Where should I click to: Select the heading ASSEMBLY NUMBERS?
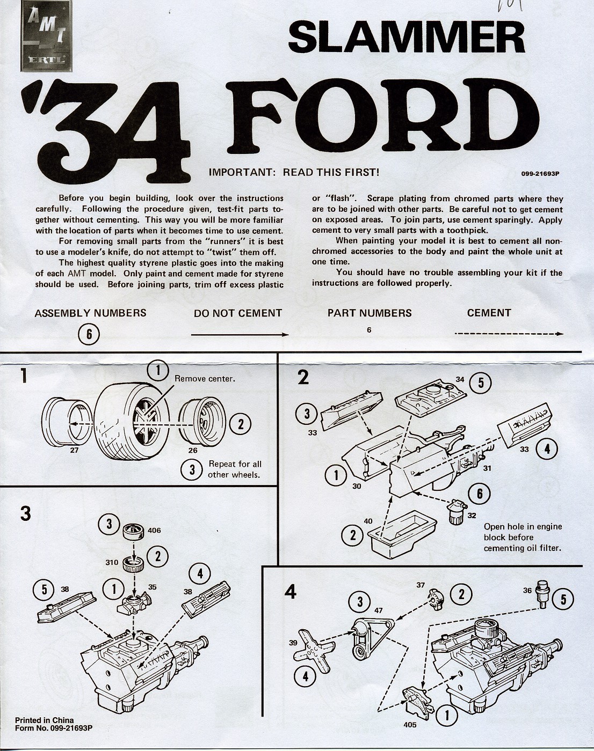click(90, 313)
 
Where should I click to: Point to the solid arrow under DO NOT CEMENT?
click(240, 334)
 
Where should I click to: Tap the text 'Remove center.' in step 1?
click(205, 379)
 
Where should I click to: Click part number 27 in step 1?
click(74, 451)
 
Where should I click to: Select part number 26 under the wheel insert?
click(193, 451)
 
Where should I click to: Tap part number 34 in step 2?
click(460, 379)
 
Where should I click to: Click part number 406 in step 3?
click(154, 531)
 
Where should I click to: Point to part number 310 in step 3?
click(112, 563)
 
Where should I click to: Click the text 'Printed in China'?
click(45, 720)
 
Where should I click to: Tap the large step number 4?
click(291, 593)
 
